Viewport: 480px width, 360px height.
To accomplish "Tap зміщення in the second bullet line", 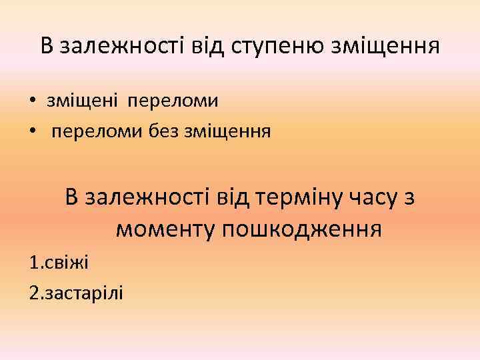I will (227, 131).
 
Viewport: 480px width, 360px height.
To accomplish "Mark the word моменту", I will (164, 230).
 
